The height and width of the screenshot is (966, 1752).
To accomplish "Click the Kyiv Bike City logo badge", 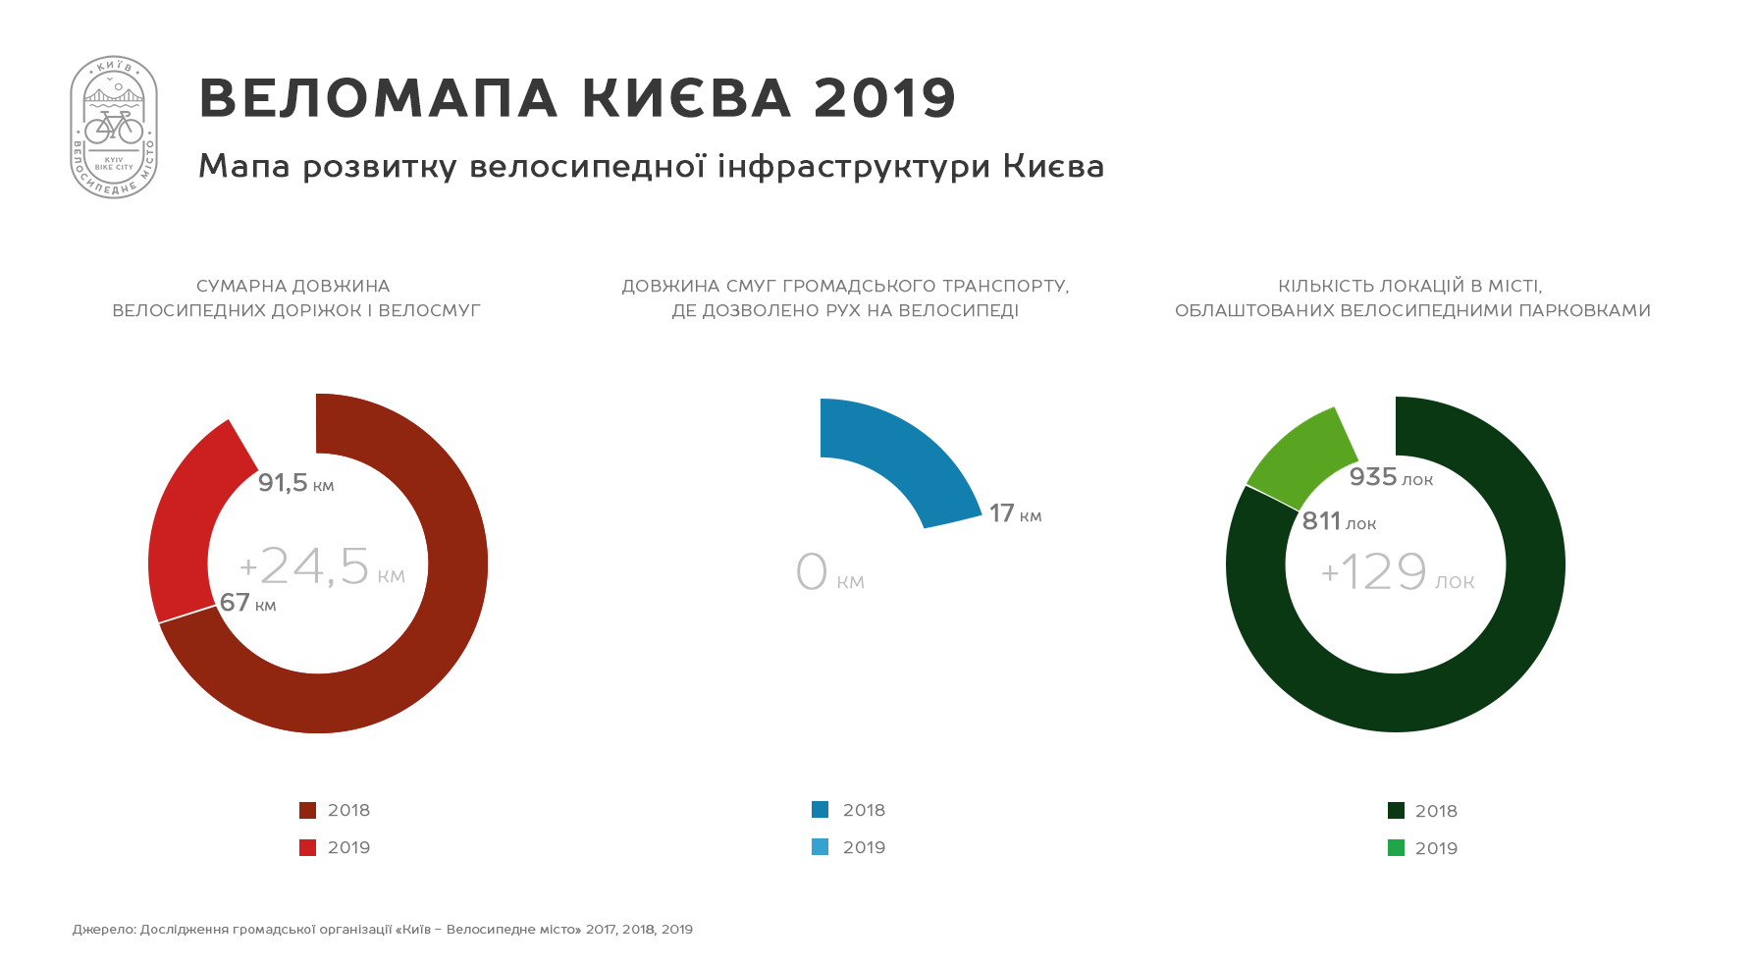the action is click(114, 127).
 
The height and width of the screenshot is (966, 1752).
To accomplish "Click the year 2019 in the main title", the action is click(884, 98).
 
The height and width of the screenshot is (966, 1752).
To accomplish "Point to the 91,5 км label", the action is click(295, 483).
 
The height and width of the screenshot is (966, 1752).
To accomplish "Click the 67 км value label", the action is click(247, 602).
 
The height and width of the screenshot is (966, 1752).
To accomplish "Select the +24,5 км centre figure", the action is click(322, 566).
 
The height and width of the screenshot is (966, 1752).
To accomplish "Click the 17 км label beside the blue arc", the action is click(1016, 513).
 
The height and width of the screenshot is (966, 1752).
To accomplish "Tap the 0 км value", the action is click(829, 571).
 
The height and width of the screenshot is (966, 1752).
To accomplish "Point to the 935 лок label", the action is click(1391, 477).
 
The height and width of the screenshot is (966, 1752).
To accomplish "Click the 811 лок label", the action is click(1339, 521).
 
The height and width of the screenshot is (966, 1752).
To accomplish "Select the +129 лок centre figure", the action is click(1397, 571).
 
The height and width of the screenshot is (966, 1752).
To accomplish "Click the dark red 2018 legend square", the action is click(307, 810).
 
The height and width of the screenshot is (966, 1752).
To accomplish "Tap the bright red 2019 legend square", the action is click(307, 847).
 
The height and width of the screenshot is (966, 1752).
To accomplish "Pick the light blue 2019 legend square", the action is click(820, 846).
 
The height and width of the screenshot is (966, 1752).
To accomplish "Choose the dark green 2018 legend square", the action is click(1396, 810).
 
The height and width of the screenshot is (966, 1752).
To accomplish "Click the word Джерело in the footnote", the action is click(104, 930).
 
